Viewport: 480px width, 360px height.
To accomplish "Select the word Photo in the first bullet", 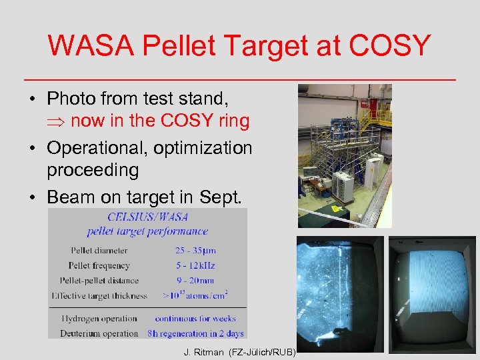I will [71, 99].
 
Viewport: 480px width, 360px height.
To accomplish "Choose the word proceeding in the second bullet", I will [93, 170].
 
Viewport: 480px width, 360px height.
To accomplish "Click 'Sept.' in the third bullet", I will [226, 197].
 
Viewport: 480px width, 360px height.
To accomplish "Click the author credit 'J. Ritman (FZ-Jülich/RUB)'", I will [239, 352].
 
